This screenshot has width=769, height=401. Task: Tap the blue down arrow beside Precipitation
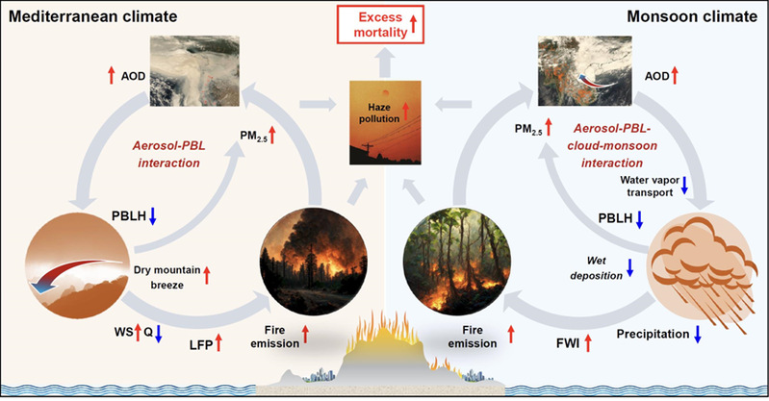[699, 335]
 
